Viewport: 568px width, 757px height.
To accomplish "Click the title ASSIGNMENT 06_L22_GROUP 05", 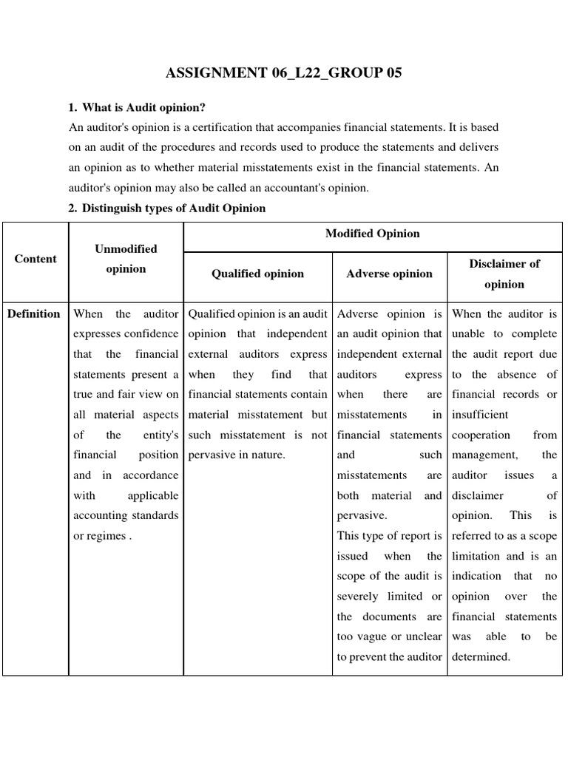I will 284,73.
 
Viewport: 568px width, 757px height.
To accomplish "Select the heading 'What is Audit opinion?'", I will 143,108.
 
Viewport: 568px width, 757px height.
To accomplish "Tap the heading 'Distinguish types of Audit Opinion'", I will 173,208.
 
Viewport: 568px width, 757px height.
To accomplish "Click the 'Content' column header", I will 35,259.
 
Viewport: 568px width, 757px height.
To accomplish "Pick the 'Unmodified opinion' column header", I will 126,259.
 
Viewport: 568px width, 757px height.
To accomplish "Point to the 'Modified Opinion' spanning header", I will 373,234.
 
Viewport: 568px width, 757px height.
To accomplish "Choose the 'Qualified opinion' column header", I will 257,274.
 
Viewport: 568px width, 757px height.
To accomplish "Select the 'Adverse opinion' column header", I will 389,274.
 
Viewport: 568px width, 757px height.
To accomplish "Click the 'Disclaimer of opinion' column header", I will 504,274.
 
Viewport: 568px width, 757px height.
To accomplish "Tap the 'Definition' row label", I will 34,313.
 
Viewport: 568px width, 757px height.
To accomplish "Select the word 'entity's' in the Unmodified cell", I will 160,435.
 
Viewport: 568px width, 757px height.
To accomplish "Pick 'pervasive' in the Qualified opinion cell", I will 213,455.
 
